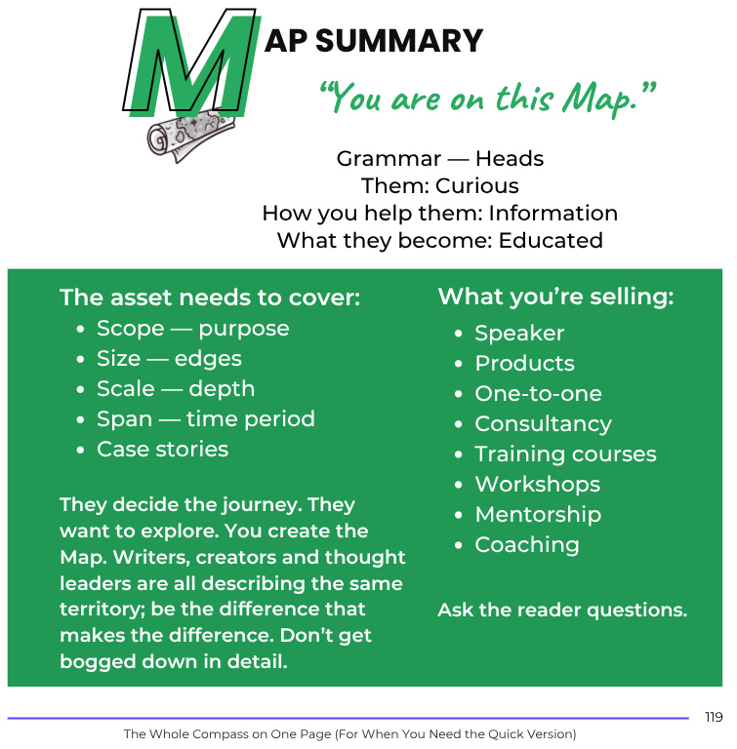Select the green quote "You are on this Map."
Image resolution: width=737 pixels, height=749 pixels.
(x=487, y=97)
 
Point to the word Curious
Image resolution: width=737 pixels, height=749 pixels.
(x=476, y=185)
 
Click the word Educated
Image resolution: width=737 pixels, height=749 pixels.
(x=551, y=240)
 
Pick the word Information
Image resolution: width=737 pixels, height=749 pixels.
(x=553, y=213)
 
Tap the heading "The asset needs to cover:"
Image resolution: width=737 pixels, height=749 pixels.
(x=210, y=297)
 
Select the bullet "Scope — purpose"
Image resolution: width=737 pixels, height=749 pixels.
(x=192, y=328)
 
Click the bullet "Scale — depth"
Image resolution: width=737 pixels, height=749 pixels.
(x=176, y=388)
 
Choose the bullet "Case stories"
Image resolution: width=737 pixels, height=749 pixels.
(x=162, y=449)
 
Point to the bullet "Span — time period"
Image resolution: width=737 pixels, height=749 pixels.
(x=205, y=418)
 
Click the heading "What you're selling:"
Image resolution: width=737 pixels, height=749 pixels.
(x=555, y=296)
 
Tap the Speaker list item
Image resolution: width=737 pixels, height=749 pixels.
(x=519, y=333)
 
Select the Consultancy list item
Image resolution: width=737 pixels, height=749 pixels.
(x=543, y=423)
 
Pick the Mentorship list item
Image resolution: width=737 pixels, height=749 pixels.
(x=538, y=514)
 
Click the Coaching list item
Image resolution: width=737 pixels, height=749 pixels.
(x=526, y=544)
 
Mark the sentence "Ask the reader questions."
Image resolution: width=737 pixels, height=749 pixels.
(x=562, y=611)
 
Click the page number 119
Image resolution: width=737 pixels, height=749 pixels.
(x=714, y=717)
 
